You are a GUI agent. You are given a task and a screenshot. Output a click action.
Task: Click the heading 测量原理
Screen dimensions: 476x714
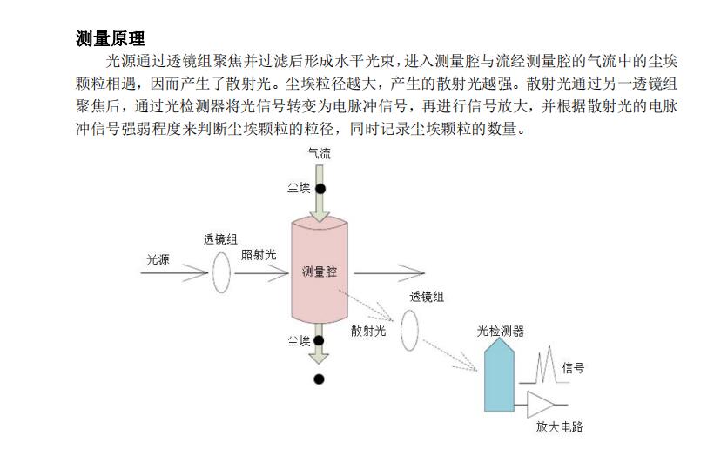click(x=111, y=39)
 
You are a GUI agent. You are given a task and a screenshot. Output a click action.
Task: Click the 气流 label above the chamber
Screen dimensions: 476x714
click(x=320, y=154)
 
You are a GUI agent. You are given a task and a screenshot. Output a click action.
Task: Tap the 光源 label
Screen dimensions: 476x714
click(x=158, y=259)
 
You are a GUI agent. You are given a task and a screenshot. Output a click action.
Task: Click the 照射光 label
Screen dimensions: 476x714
click(x=259, y=254)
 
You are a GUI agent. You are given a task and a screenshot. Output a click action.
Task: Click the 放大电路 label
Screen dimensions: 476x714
click(x=559, y=426)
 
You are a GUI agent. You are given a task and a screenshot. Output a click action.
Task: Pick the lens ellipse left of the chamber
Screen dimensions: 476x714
click(x=222, y=273)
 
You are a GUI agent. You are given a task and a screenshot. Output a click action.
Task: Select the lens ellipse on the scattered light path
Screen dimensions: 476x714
click(x=409, y=329)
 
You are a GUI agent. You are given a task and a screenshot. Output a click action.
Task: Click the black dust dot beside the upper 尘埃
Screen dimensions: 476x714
click(x=320, y=189)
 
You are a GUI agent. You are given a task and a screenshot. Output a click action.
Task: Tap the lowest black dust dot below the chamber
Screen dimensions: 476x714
click(x=320, y=379)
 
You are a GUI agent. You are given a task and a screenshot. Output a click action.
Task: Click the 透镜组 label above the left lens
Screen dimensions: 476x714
click(x=221, y=239)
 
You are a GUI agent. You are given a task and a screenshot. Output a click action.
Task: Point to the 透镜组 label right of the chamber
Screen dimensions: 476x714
click(x=427, y=297)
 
